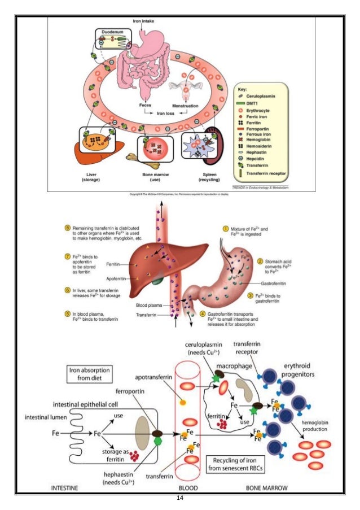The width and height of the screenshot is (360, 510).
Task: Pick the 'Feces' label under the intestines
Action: click(x=145, y=104)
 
